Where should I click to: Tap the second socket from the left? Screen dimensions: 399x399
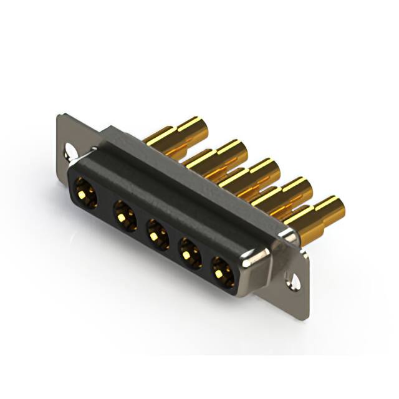(124, 216)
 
